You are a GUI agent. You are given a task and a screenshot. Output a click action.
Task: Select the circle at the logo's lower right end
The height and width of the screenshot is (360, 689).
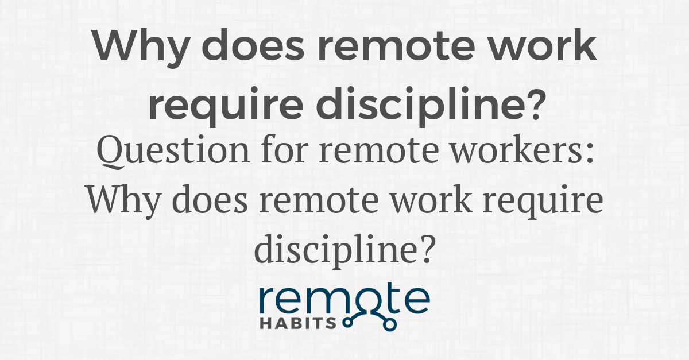tap(390, 325)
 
